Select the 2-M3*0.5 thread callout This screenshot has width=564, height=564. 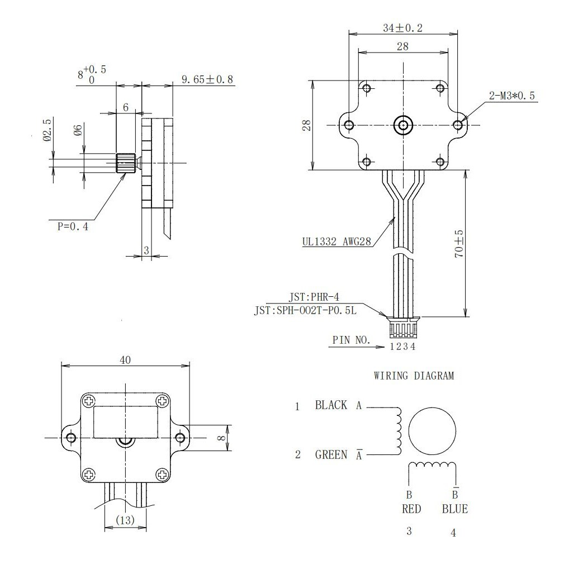[x=512, y=96]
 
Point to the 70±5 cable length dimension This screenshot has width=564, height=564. [x=459, y=244]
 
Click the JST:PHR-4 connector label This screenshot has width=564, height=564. [x=314, y=297]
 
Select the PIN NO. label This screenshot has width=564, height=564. [x=351, y=339]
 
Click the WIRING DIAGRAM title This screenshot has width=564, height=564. [x=414, y=376]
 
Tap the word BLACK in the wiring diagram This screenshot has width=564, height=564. [x=331, y=405]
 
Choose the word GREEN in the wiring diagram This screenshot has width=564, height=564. [x=331, y=454]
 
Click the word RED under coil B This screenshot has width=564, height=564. [x=411, y=509]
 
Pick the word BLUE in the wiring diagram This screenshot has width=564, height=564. [x=454, y=509]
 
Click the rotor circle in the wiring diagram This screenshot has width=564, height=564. [x=433, y=431]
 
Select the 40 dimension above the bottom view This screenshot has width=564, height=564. [x=125, y=361]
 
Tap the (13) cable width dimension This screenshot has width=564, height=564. [x=125, y=520]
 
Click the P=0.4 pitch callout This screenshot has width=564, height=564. [x=73, y=226]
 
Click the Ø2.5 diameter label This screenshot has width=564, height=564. [x=48, y=130]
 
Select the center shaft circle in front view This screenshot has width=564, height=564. [x=402, y=125]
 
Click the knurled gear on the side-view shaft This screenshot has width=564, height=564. [x=125, y=163]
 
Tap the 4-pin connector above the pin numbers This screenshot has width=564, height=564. [x=402, y=329]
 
